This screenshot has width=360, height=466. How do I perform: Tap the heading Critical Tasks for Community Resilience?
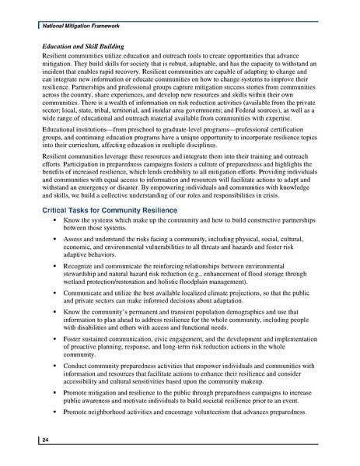(x=108, y=212)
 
